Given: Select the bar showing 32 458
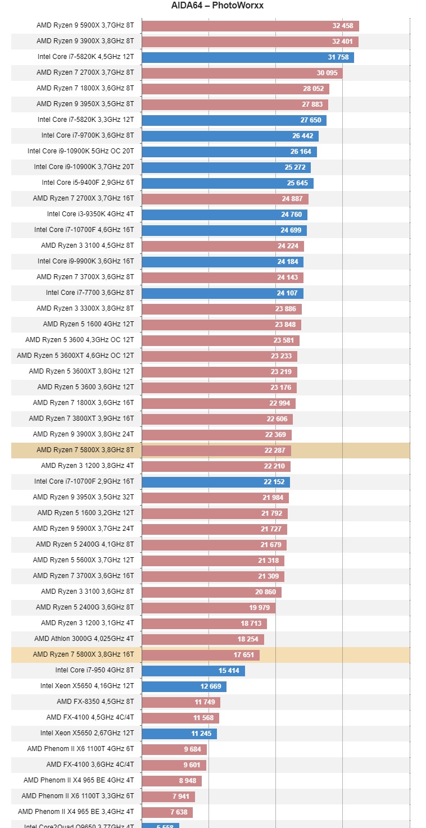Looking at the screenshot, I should click(250, 26).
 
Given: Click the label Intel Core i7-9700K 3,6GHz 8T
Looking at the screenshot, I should click(88, 135).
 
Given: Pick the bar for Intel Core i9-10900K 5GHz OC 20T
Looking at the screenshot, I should click(229, 152).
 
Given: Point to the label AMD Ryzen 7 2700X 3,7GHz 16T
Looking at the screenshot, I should click(83, 198).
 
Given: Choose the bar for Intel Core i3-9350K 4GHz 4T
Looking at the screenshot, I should click(224, 215).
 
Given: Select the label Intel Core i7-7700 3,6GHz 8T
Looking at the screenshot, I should click(90, 293).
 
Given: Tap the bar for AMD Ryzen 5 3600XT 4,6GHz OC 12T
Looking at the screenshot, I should click(219, 356).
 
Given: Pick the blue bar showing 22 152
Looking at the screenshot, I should click(216, 481).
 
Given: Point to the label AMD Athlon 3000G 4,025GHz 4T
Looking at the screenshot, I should click(84, 639).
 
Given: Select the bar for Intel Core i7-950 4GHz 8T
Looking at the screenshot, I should click(193, 671).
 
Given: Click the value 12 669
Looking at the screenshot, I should click(211, 686).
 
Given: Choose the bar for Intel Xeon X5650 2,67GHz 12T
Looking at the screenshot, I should click(179, 734).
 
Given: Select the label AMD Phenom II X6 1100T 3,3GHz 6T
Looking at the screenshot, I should click(78, 796).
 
